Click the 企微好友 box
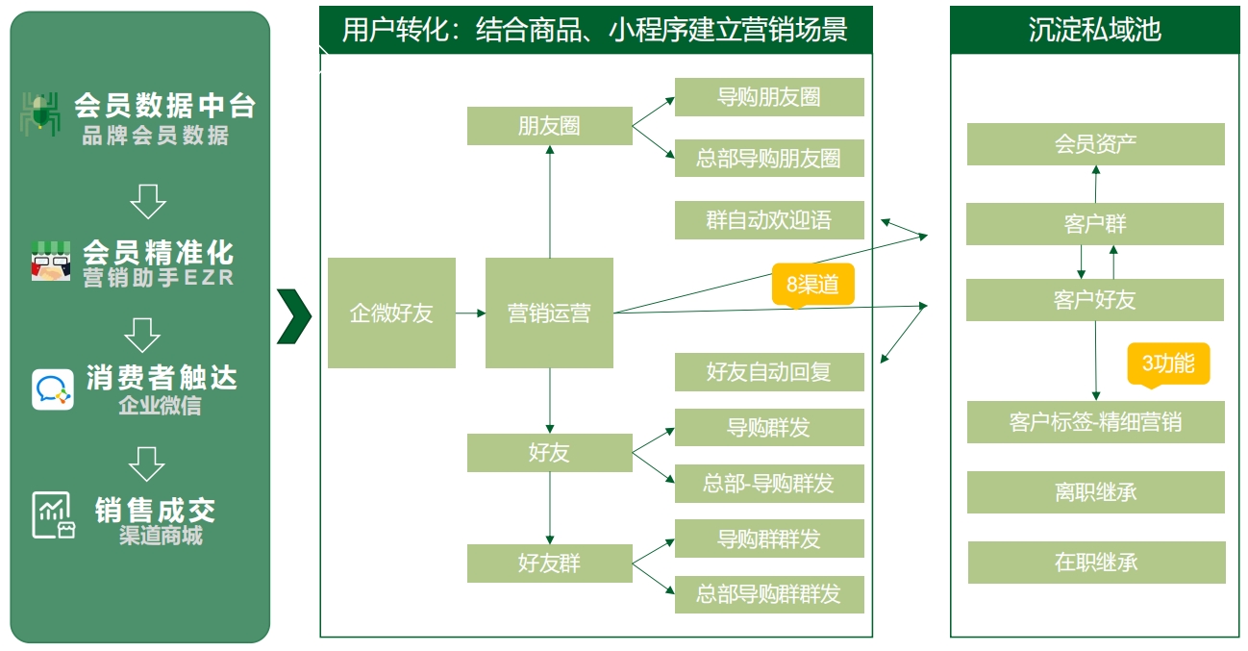click(x=391, y=313)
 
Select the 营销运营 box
click(x=549, y=313)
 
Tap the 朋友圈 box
click(x=549, y=126)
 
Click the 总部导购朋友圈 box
click(x=769, y=159)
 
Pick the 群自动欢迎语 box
click(x=769, y=220)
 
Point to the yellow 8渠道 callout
click(x=812, y=285)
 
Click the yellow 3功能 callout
click(x=1168, y=363)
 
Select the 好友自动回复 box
click(x=769, y=372)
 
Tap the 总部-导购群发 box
click(x=769, y=484)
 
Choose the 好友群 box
click(x=549, y=563)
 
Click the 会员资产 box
click(x=1095, y=144)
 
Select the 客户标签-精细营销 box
click(x=1095, y=422)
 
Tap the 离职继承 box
click(x=1095, y=492)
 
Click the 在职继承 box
click(x=1096, y=563)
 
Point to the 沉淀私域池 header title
click(x=1095, y=30)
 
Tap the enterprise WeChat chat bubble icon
click(x=53, y=389)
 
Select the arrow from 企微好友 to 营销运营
click(x=471, y=313)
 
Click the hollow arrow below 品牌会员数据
click(x=148, y=201)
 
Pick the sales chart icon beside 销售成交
click(x=54, y=515)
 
